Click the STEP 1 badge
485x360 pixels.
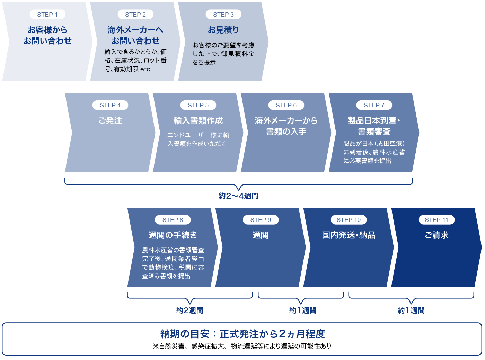pos(47,15)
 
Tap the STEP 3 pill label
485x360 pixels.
pos(223,15)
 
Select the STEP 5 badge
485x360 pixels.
pos(198,105)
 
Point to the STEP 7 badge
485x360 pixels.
pos(374,105)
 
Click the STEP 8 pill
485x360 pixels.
pos(173,220)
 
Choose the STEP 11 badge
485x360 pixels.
pos(436,220)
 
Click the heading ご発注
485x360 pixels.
pos(110,120)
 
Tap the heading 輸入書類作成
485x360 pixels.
pos(198,120)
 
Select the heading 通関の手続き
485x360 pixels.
pos(173,235)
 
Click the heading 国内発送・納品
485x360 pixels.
pos(349,235)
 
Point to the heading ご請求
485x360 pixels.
pos(436,235)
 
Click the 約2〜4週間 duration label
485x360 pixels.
pos(238,196)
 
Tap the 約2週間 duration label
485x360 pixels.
pos(189,310)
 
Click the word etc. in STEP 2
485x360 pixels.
pos(146,69)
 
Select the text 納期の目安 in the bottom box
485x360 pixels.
pos(185,334)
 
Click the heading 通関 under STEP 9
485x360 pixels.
pos(261,235)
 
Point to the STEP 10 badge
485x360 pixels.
pos(349,220)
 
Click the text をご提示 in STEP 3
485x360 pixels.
pos(204,63)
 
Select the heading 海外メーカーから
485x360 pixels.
pos(286,120)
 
